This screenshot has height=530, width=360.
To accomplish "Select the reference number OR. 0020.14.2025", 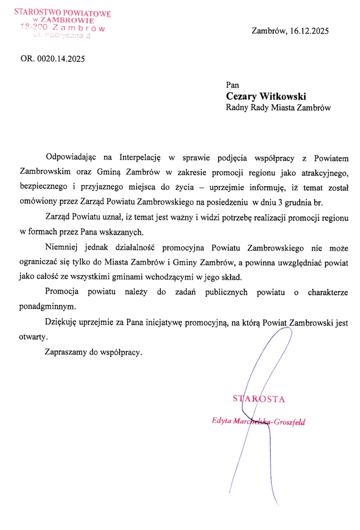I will [x=53, y=59].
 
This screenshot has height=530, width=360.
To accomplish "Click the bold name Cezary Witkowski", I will [x=266, y=96].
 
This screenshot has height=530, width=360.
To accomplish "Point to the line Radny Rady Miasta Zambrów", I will [x=278, y=108].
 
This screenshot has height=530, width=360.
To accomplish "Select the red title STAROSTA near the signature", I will [x=258, y=399].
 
